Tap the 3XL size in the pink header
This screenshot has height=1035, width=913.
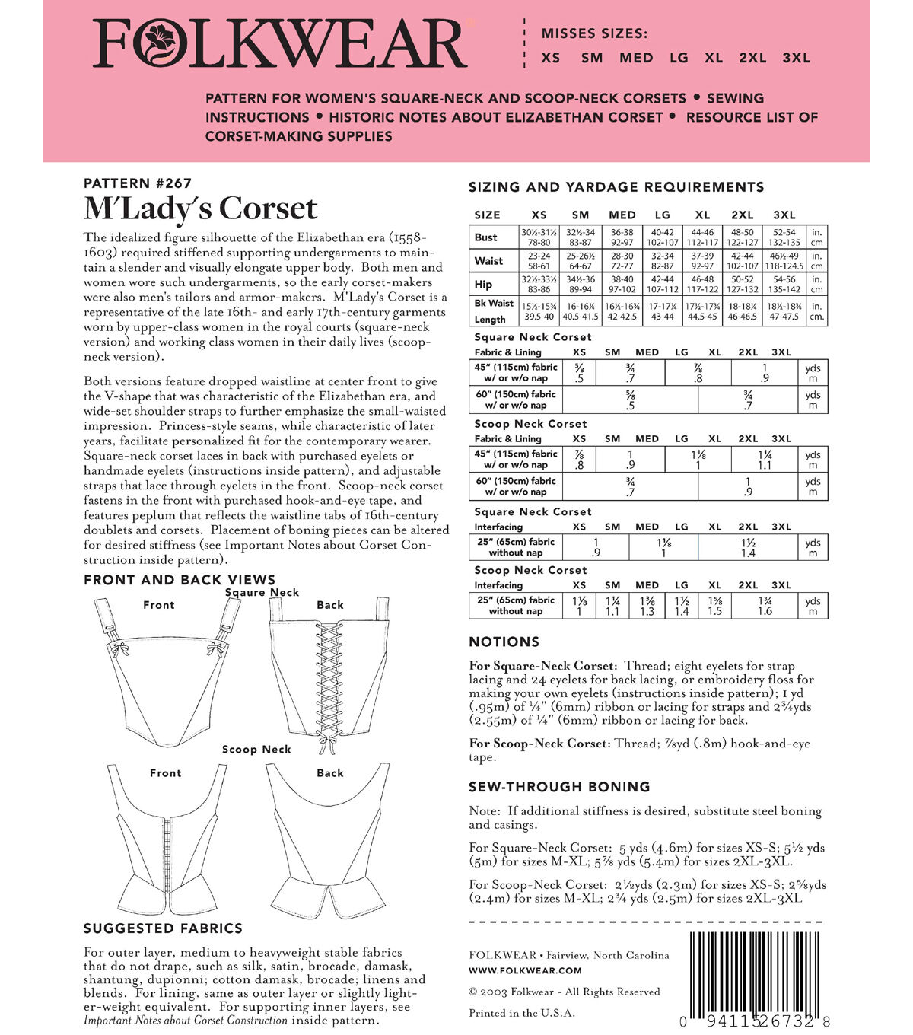coord(796,58)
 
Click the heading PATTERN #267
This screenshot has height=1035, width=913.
coord(138,183)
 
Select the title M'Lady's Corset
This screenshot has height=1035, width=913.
coord(200,209)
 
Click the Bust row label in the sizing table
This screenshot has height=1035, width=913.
coord(486,237)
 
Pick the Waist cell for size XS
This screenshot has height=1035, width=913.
coord(539,261)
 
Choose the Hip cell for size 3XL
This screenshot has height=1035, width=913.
coord(784,285)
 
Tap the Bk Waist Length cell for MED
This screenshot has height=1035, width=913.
coord(622,311)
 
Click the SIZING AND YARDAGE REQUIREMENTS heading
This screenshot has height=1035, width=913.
coord(616,187)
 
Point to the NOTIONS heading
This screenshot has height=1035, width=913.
coord(504,642)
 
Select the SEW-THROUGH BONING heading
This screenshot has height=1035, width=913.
coord(559,787)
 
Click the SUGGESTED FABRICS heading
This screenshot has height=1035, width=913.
coord(163,928)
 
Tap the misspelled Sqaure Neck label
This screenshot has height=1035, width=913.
coord(262,592)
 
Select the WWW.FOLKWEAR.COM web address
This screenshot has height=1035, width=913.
coord(525,970)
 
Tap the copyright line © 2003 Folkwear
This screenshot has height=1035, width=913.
coord(564,992)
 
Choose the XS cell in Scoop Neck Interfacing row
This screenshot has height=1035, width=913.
coord(580,606)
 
